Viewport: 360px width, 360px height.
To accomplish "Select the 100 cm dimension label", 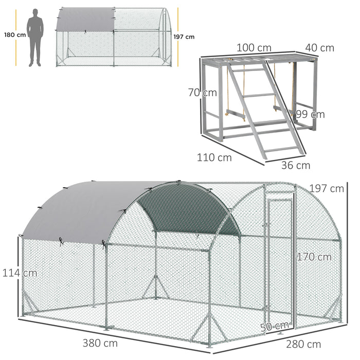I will click(x=254, y=48).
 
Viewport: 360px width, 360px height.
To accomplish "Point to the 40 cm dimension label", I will click(x=319, y=48).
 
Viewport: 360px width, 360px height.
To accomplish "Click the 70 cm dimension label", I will click(x=202, y=93).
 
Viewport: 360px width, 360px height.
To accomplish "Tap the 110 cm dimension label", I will click(x=214, y=157).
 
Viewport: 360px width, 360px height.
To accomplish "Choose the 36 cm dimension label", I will click(x=296, y=165).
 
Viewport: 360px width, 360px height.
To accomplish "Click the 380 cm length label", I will click(x=100, y=343).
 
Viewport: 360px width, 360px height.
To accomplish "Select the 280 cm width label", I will click(x=303, y=344).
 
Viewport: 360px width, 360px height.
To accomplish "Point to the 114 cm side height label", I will click(x=20, y=273).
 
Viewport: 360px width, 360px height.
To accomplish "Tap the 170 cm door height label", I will click(x=314, y=257).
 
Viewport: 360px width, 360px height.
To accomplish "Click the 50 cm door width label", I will click(x=275, y=326).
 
